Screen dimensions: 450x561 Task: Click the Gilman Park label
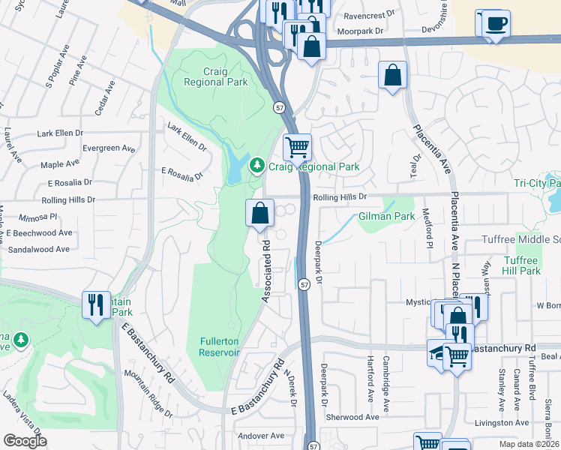coord(386,216)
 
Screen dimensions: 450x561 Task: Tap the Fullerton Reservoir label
coord(220,346)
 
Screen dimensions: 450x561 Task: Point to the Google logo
coord(25,441)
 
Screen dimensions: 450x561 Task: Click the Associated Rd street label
coord(266,271)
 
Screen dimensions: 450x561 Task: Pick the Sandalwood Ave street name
coord(38,249)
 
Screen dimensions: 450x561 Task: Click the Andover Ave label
coord(260,436)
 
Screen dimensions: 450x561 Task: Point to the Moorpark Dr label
coord(360,32)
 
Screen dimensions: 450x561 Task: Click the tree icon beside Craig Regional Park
coord(257,163)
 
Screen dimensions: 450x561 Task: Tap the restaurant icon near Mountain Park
coord(96,304)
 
